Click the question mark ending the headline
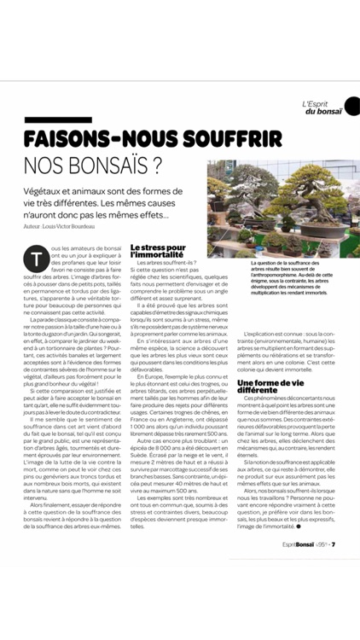[x=155, y=164]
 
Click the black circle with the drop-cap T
[x=38, y=254]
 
